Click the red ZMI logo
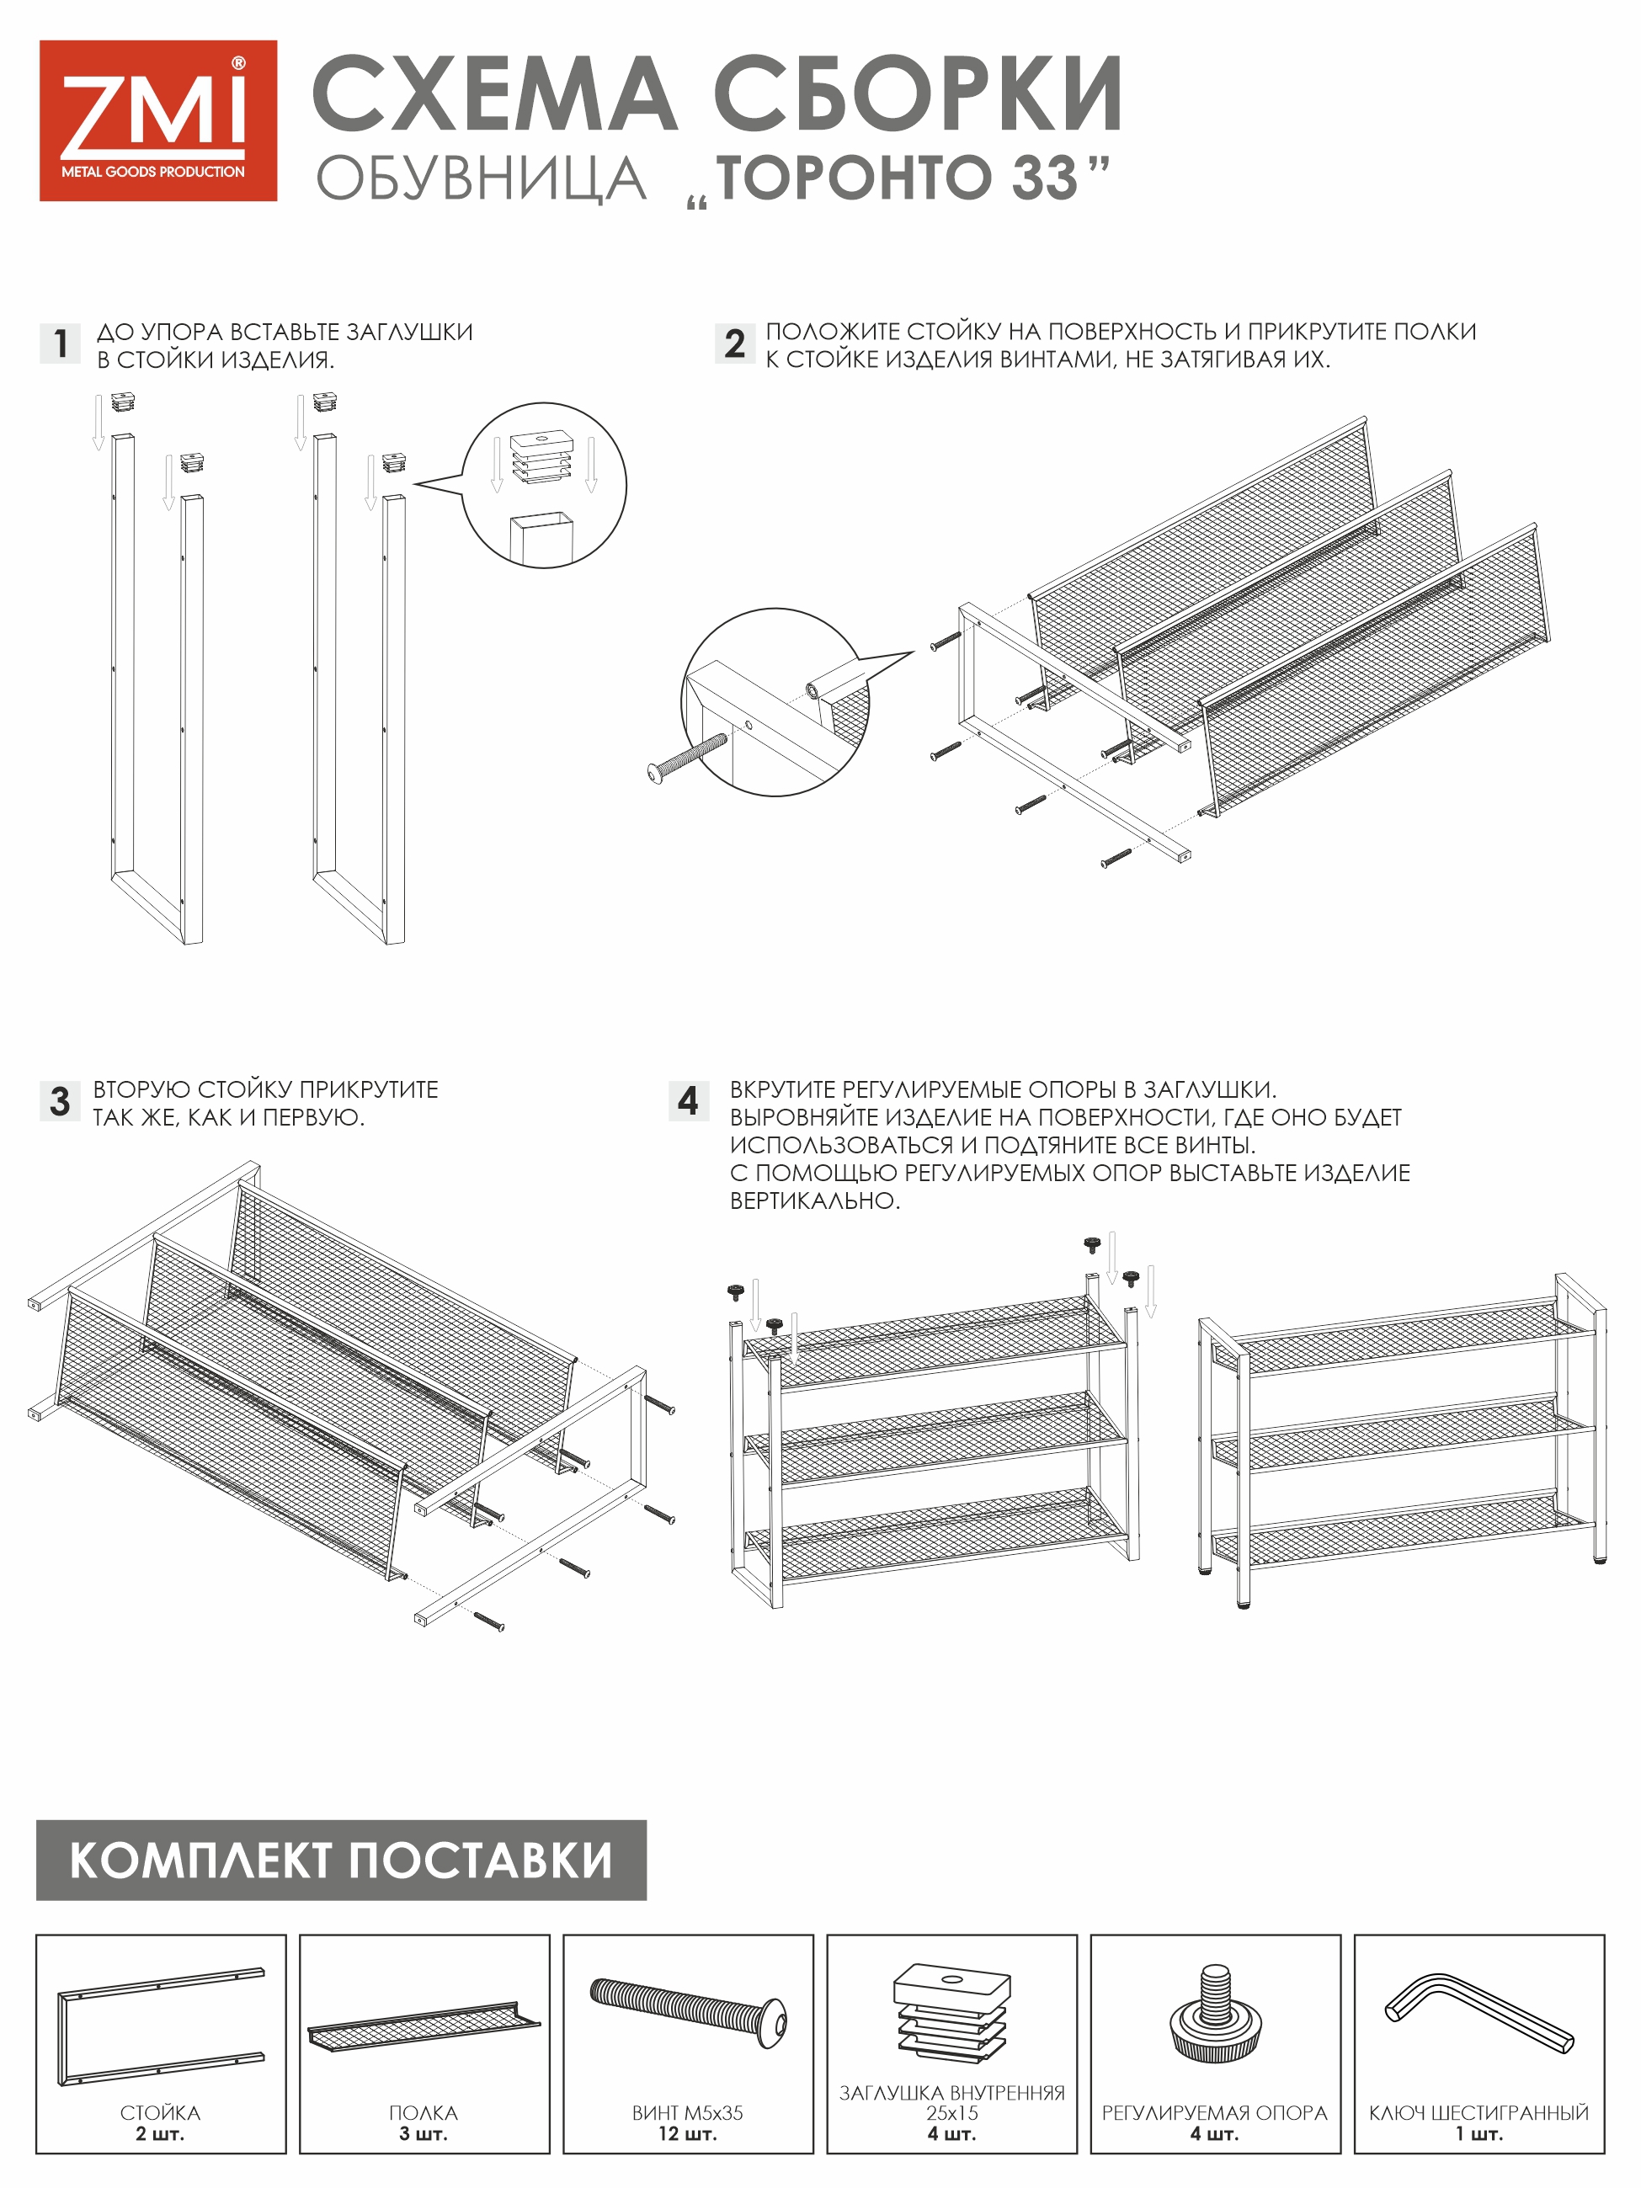click(x=157, y=120)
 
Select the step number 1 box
click(x=61, y=343)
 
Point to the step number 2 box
click(x=734, y=343)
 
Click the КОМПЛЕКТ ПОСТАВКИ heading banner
click(x=341, y=1860)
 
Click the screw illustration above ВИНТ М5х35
click(x=689, y=2009)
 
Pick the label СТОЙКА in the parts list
click(x=160, y=2113)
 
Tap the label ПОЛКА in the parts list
click(x=424, y=2113)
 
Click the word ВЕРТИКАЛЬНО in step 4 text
click(x=814, y=1200)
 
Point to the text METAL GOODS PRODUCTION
click(x=153, y=172)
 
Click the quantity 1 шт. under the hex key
click(x=1478, y=2133)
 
